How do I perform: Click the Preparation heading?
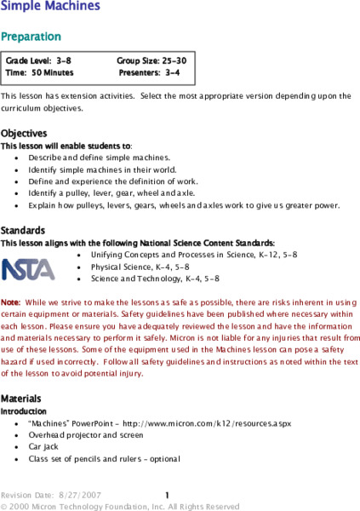point(31,37)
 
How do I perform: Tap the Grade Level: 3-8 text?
point(39,62)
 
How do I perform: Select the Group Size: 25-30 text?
point(151,62)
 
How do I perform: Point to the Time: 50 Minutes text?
point(40,73)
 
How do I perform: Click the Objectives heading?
point(24,134)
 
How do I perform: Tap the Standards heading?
point(23,231)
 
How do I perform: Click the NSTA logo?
point(27,268)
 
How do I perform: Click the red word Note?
point(10,302)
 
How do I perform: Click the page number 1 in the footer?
point(168,495)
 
